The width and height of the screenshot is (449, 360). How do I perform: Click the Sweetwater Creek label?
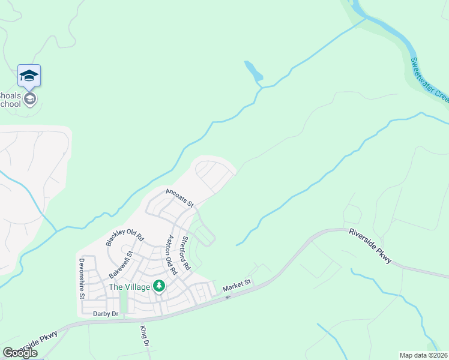tap(430, 79)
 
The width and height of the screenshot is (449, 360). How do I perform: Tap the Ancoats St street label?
tap(179, 198)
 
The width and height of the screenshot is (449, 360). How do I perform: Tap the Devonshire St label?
tap(82, 279)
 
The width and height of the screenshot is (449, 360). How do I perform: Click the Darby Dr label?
tap(105, 313)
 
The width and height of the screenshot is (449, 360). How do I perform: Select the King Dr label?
tap(143, 337)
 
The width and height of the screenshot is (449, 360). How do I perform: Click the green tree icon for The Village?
tap(159, 286)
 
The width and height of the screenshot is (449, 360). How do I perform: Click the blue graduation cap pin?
tap(29, 76)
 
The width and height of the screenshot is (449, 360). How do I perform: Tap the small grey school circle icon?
tap(30, 98)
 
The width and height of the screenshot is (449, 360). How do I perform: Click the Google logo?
tap(20, 353)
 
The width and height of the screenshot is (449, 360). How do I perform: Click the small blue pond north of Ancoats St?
tap(254, 71)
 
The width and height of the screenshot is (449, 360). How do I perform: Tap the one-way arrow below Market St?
tap(228, 297)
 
